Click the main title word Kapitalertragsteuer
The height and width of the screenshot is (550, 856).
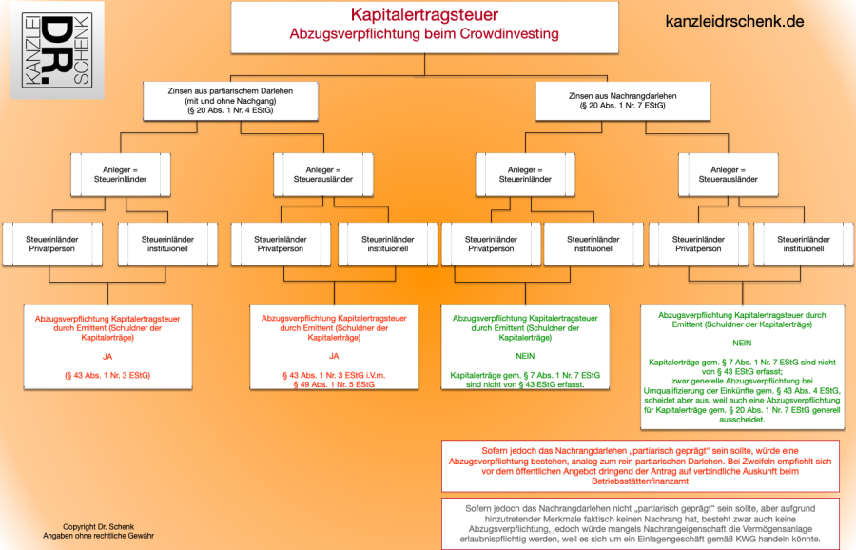(x=423, y=14)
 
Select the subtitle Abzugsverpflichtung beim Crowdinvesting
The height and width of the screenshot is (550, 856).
(x=423, y=33)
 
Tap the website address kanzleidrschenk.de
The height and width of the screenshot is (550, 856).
(x=735, y=20)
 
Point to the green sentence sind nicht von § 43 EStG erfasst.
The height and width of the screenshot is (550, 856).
(x=525, y=385)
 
